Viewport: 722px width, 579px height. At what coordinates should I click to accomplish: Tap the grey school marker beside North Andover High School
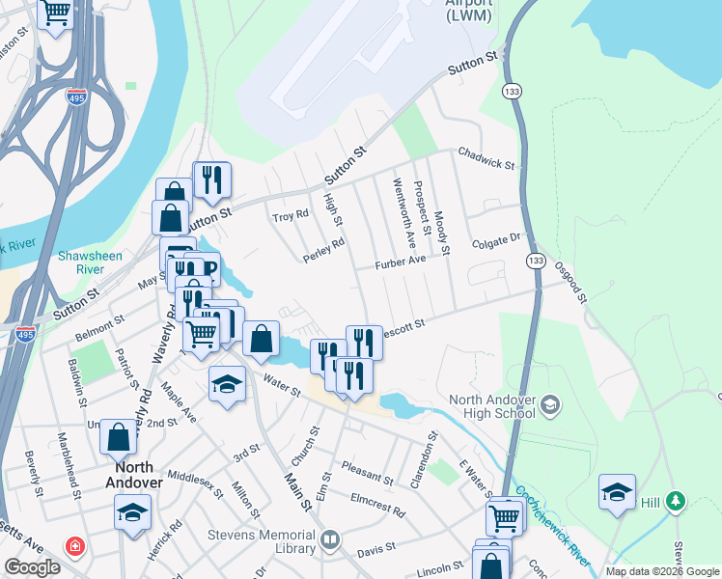[x=551, y=401]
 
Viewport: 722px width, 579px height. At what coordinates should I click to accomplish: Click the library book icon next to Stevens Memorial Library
[x=330, y=539]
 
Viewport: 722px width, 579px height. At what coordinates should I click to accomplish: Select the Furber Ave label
[x=402, y=262]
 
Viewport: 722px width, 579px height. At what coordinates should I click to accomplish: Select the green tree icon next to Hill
[x=677, y=501]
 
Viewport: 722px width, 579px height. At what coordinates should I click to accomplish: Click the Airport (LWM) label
[x=469, y=10]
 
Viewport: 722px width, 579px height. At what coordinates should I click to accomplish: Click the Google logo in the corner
[x=32, y=566]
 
